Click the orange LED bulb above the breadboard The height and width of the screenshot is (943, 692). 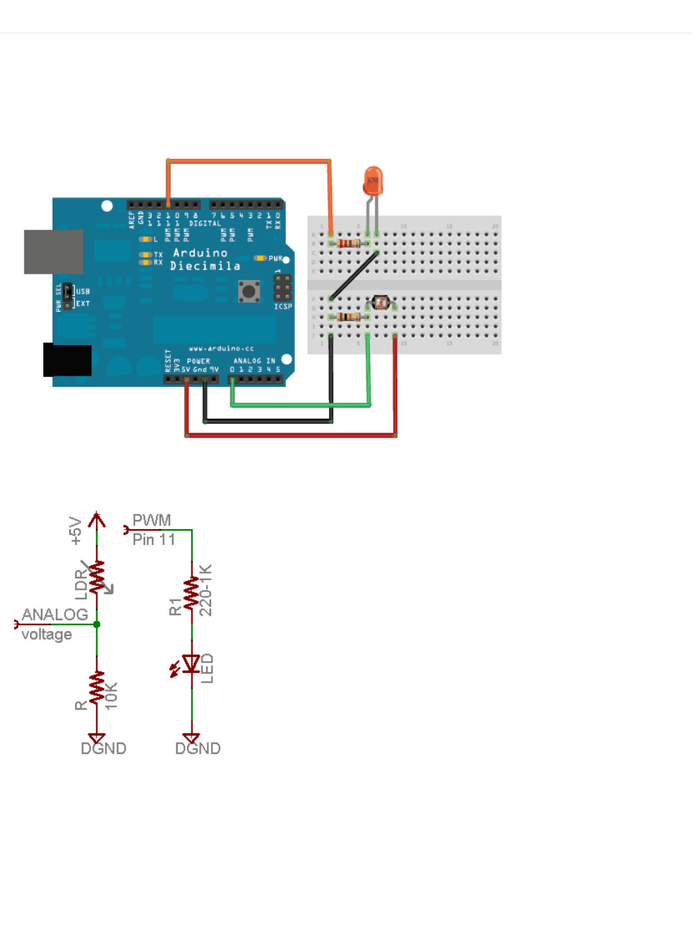coord(373,181)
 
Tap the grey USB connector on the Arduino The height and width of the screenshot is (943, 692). coord(53,251)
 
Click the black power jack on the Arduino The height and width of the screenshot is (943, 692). coord(67,360)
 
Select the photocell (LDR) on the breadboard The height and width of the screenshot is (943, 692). coord(380,302)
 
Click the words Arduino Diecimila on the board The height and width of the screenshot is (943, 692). coord(205,259)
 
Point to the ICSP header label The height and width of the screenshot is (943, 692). coord(282,306)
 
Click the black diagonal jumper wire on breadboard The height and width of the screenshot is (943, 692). coord(354,276)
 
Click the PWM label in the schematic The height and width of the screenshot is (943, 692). coord(151,520)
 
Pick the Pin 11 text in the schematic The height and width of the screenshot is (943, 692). coord(153,540)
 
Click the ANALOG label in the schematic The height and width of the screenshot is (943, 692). coord(54,615)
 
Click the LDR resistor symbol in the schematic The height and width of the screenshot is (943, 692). coord(96,576)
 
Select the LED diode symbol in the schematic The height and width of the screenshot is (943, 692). coord(191,665)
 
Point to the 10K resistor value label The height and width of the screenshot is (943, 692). coord(111,695)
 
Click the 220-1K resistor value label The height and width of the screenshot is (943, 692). coord(206,590)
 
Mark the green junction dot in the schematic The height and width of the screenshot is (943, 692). coord(96,624)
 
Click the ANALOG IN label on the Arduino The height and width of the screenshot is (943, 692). coord(254,361)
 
